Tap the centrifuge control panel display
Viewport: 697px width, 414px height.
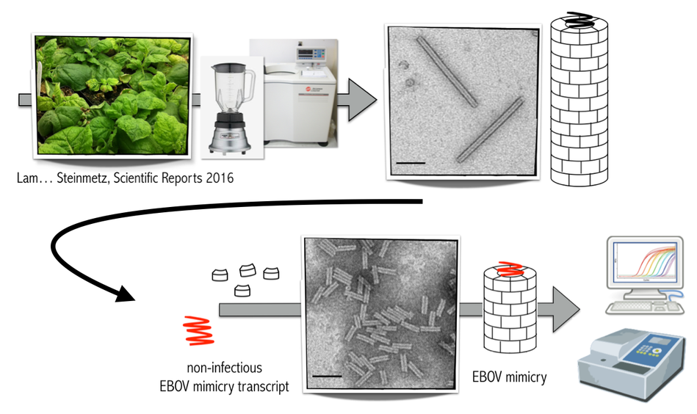tap(305, 53)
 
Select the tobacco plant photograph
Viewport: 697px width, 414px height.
tap(113, 95)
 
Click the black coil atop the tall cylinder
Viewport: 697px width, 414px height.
tap(578, 20)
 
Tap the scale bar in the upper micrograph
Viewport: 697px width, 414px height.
tap(411, 163)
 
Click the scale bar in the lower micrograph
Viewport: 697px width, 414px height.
tap(327, 377)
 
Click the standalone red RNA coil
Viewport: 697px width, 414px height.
tap(199, 330)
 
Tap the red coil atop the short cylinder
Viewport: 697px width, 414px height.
tap(510, 269)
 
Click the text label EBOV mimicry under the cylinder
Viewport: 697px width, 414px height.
tap(510, 377)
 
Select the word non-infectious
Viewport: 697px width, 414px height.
tap(225, 368)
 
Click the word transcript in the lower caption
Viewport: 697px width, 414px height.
tap(263, 386)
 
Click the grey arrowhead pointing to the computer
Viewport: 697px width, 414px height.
tap(566, 309)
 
